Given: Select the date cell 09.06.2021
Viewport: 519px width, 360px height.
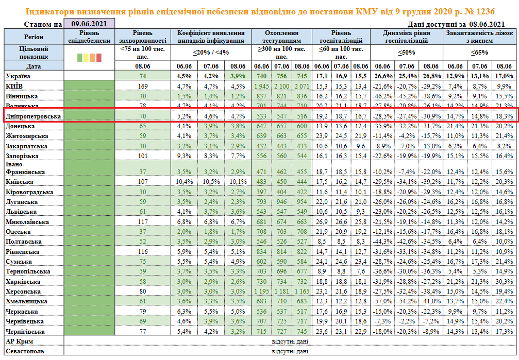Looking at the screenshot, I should [x=89, y=23].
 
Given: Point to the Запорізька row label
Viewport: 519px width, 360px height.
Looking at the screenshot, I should [x=22, y=156].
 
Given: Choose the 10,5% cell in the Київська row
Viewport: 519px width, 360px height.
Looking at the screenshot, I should [x=210, y=182].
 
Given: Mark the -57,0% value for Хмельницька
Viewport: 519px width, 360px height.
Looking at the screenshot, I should [x=382, y=301].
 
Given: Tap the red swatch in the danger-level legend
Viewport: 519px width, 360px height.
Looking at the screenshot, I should [x=98, y=58].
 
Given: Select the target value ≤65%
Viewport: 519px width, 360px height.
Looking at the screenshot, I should [x=480, y=53].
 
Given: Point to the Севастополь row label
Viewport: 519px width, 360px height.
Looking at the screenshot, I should [x=25, y=351].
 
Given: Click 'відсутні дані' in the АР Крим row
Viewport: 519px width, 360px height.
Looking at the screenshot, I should [x=290, y=341].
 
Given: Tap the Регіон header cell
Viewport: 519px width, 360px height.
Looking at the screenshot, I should [x=34, y=37].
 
